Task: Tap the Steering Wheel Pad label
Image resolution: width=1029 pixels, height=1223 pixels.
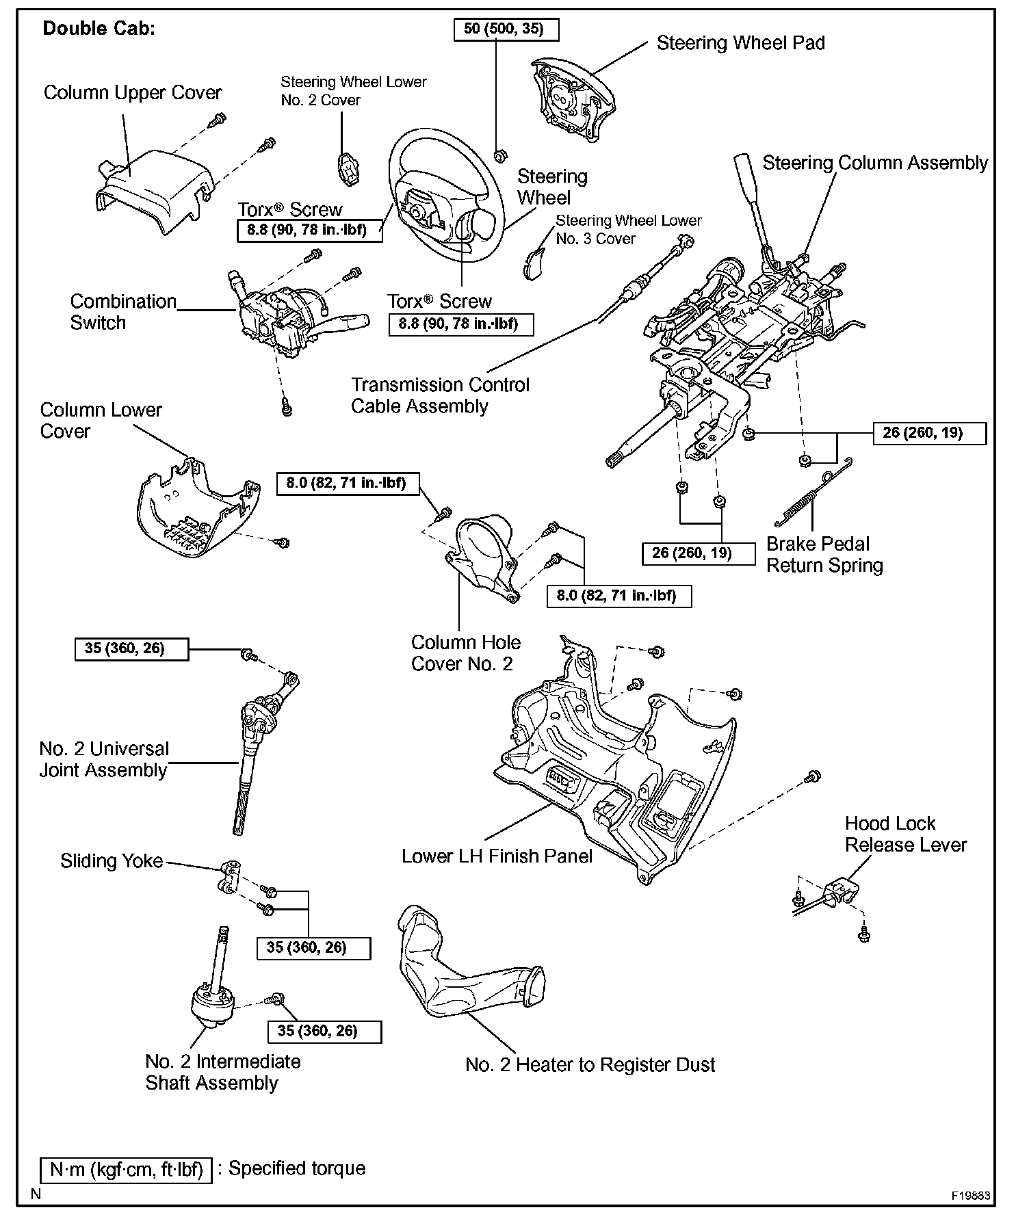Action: tap(740, 43)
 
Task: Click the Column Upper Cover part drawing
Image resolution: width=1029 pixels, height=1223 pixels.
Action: tap(154, 188)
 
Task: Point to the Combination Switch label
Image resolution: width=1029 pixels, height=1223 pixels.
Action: tap(123, 312)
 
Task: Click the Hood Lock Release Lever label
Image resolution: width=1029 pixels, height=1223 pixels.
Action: tap(905, 834)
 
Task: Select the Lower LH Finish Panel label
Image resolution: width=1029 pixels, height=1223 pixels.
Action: tap(497, 856)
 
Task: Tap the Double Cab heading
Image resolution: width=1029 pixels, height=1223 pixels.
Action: tap(99, 28)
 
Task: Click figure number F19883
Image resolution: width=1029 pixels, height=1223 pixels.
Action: tap(971, 1196)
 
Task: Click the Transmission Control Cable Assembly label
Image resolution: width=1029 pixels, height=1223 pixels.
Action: tap(440, 395)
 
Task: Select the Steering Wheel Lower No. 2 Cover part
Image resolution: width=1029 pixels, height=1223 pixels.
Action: tap(348, 168)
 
